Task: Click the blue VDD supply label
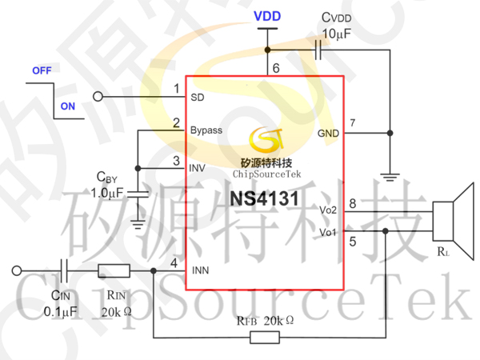[x=267, y=16]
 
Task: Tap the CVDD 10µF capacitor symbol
[x=318, y=50]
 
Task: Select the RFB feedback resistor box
[x=265, y=338]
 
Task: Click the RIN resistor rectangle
[x=114, y=271]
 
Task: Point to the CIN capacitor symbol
[x=64, y=270]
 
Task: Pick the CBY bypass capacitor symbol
[x=138, y=194]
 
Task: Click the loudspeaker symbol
[x=453, y=221]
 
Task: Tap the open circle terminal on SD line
[x=98, y=97]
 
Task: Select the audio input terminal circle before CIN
[x=17, y=270]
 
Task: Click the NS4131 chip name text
[x=264, y=198]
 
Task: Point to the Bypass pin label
[x=206, y=130]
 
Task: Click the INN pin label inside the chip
[x=201, y=270]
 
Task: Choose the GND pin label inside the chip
[x=328, y=134]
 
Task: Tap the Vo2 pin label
[x=328, y=210]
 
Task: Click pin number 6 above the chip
[x=276, y=68]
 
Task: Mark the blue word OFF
[x=42, y=70]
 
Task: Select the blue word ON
[x=68, y=106]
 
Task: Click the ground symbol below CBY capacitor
[x=138, y=224]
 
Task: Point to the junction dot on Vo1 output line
[x=386, y=231]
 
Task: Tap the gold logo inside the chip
[x=266, y=140]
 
